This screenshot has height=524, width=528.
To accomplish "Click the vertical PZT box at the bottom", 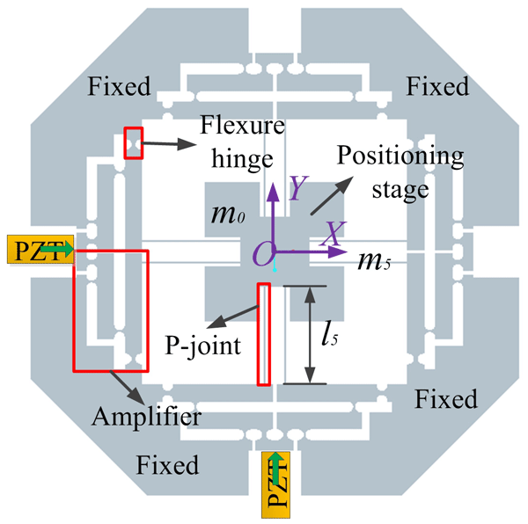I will pos(276,483).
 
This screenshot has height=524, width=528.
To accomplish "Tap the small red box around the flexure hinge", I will pos(133,142).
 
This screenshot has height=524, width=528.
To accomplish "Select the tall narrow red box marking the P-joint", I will pos(263,333).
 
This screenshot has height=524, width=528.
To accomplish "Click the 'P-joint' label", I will pos(202,346).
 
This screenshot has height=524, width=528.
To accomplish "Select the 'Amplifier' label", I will pos(146,412).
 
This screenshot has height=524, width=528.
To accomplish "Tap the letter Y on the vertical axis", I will pos(299,186).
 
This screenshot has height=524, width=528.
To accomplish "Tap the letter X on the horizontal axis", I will pos(330,231).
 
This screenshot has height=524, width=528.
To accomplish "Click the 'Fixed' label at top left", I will pos(120,86).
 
